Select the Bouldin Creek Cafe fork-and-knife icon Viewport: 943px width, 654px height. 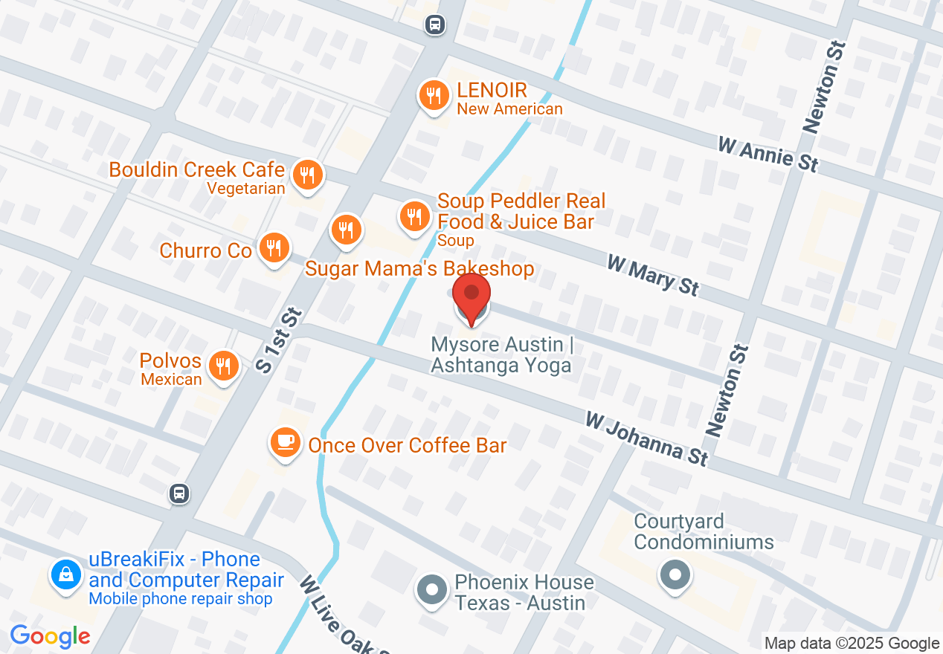[x=306, y=176]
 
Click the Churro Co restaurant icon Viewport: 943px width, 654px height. [x=274, y=247]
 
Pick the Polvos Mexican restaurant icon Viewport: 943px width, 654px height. [x=222, y=366]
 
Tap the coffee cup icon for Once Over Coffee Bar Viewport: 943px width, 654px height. [x=285, y=442]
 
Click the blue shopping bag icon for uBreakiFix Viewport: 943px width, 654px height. [x=65, y=574]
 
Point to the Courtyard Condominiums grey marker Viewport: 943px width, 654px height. [x=675, y=574]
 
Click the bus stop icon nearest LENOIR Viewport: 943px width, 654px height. [x=434, y=25]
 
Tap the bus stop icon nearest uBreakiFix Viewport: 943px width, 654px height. [x=178, y=493]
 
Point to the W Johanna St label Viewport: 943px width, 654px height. [x=646, y=438]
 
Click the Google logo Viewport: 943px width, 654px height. [x=50, y=636]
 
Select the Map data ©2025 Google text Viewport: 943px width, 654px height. [x=852, y=644]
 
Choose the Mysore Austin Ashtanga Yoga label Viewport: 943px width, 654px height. [x=501, y=355]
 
